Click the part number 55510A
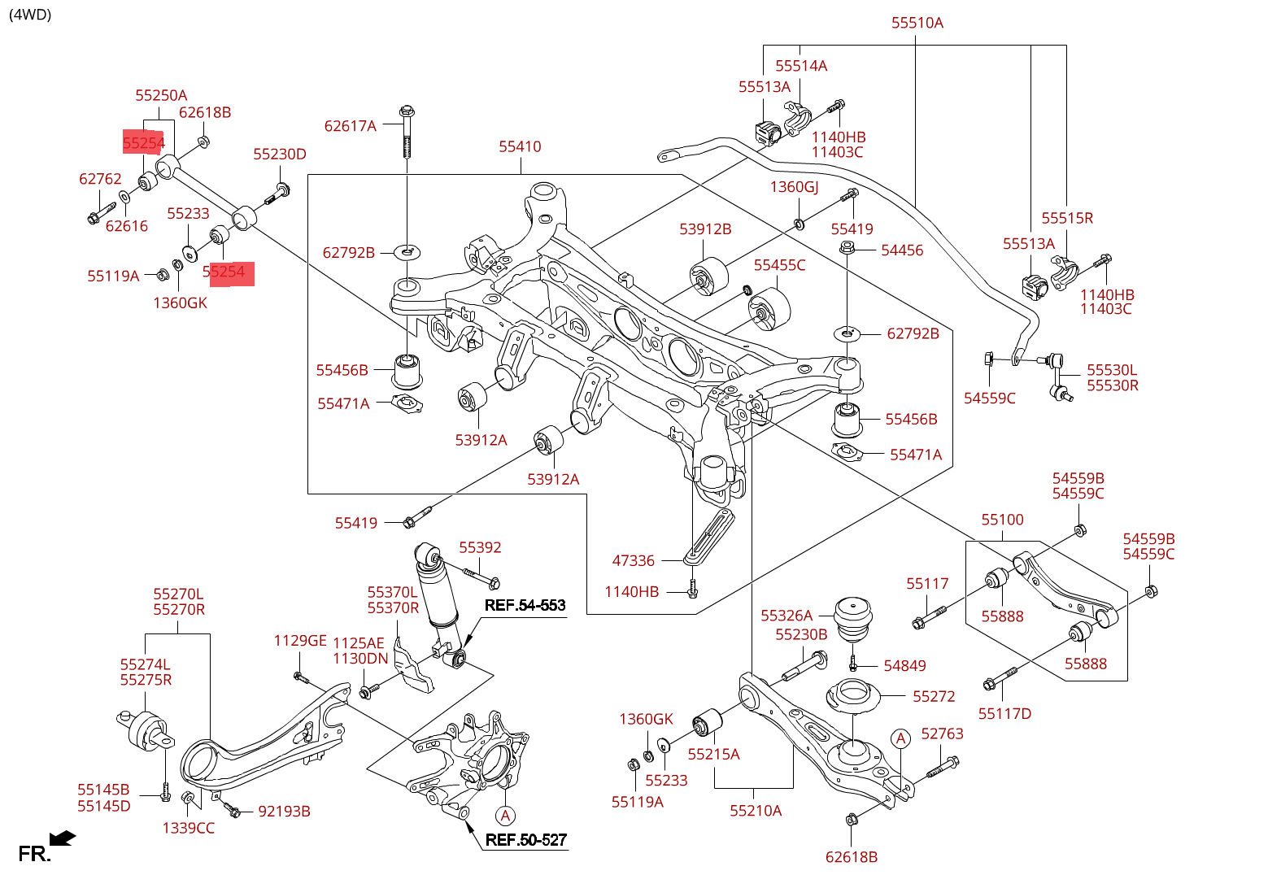pos(917,23)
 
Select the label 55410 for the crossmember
pos(520,146)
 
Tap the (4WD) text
pos(30,14)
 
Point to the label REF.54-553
pos(525,605)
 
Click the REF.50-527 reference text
pos(525,840)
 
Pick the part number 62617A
pos(350,125)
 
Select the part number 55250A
pos(161,95)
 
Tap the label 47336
pos(633,560)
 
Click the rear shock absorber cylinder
pos(438,594)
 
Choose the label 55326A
pos(786,616)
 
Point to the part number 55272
pos(934,696)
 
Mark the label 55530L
pos(1112,370)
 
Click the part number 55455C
pos(779,265)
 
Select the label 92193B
pos(284,811)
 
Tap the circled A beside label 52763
pos(900,738)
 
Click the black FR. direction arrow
pos(63,838)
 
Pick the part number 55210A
pos(756,810)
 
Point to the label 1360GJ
pos(794,187)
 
